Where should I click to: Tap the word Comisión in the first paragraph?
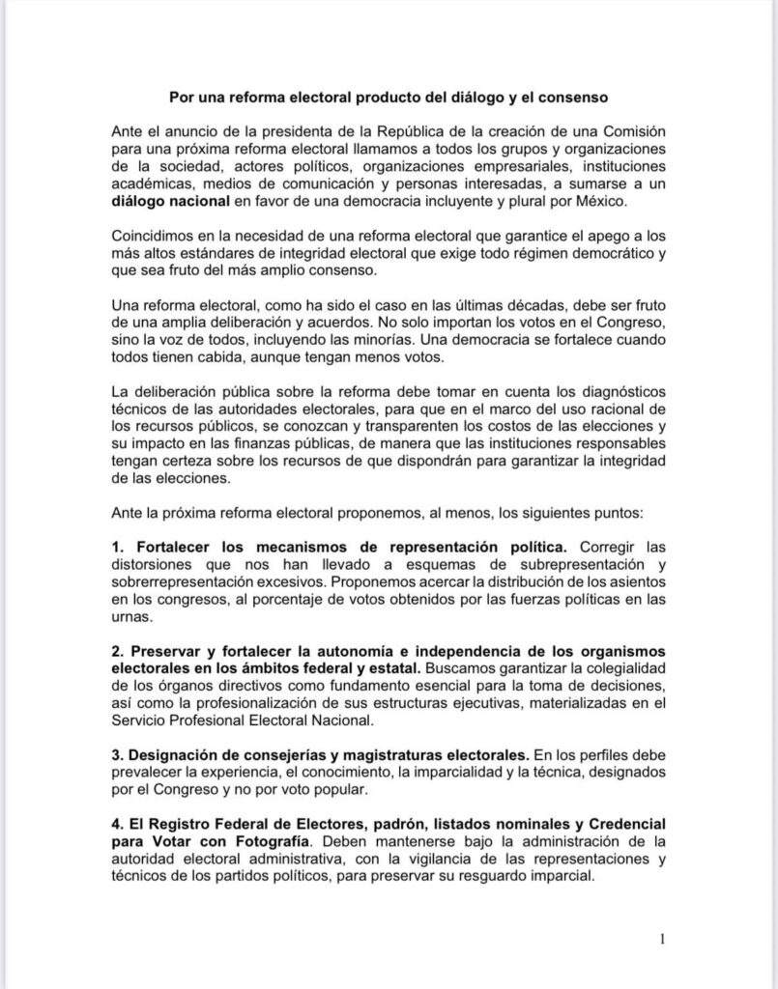629,130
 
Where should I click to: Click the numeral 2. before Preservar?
118,651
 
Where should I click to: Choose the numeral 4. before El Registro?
118,823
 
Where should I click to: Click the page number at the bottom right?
662,938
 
